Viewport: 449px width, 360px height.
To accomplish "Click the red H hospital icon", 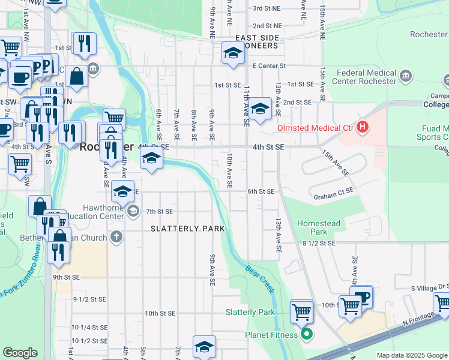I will [x=362, y=127].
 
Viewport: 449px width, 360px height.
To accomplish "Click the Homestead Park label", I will [x=319, y=227].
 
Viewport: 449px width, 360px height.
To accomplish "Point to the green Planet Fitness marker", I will [x=307, y=335].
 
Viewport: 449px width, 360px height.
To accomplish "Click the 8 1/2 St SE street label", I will [x=318, y=243].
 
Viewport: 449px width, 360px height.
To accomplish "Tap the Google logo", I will [x=20, y=353].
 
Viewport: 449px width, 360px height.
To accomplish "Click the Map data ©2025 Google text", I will [x=411, y=355].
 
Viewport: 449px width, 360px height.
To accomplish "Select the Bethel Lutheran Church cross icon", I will [x=116, y=236].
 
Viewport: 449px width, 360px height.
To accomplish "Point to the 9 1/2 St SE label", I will [x=89, y=299].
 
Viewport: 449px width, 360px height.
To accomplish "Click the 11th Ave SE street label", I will [x=246, y=105].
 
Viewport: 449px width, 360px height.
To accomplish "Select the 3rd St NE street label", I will [x=267, y=8].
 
